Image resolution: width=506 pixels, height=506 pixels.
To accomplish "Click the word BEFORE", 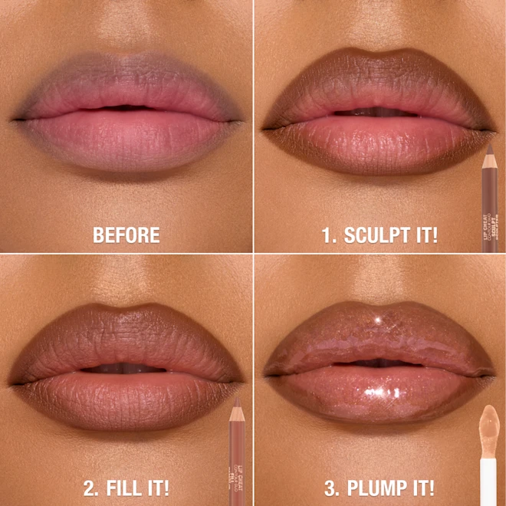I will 127,235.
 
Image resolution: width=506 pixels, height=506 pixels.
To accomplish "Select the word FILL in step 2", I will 126,488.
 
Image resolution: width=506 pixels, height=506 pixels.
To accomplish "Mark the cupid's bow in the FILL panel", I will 127,310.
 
